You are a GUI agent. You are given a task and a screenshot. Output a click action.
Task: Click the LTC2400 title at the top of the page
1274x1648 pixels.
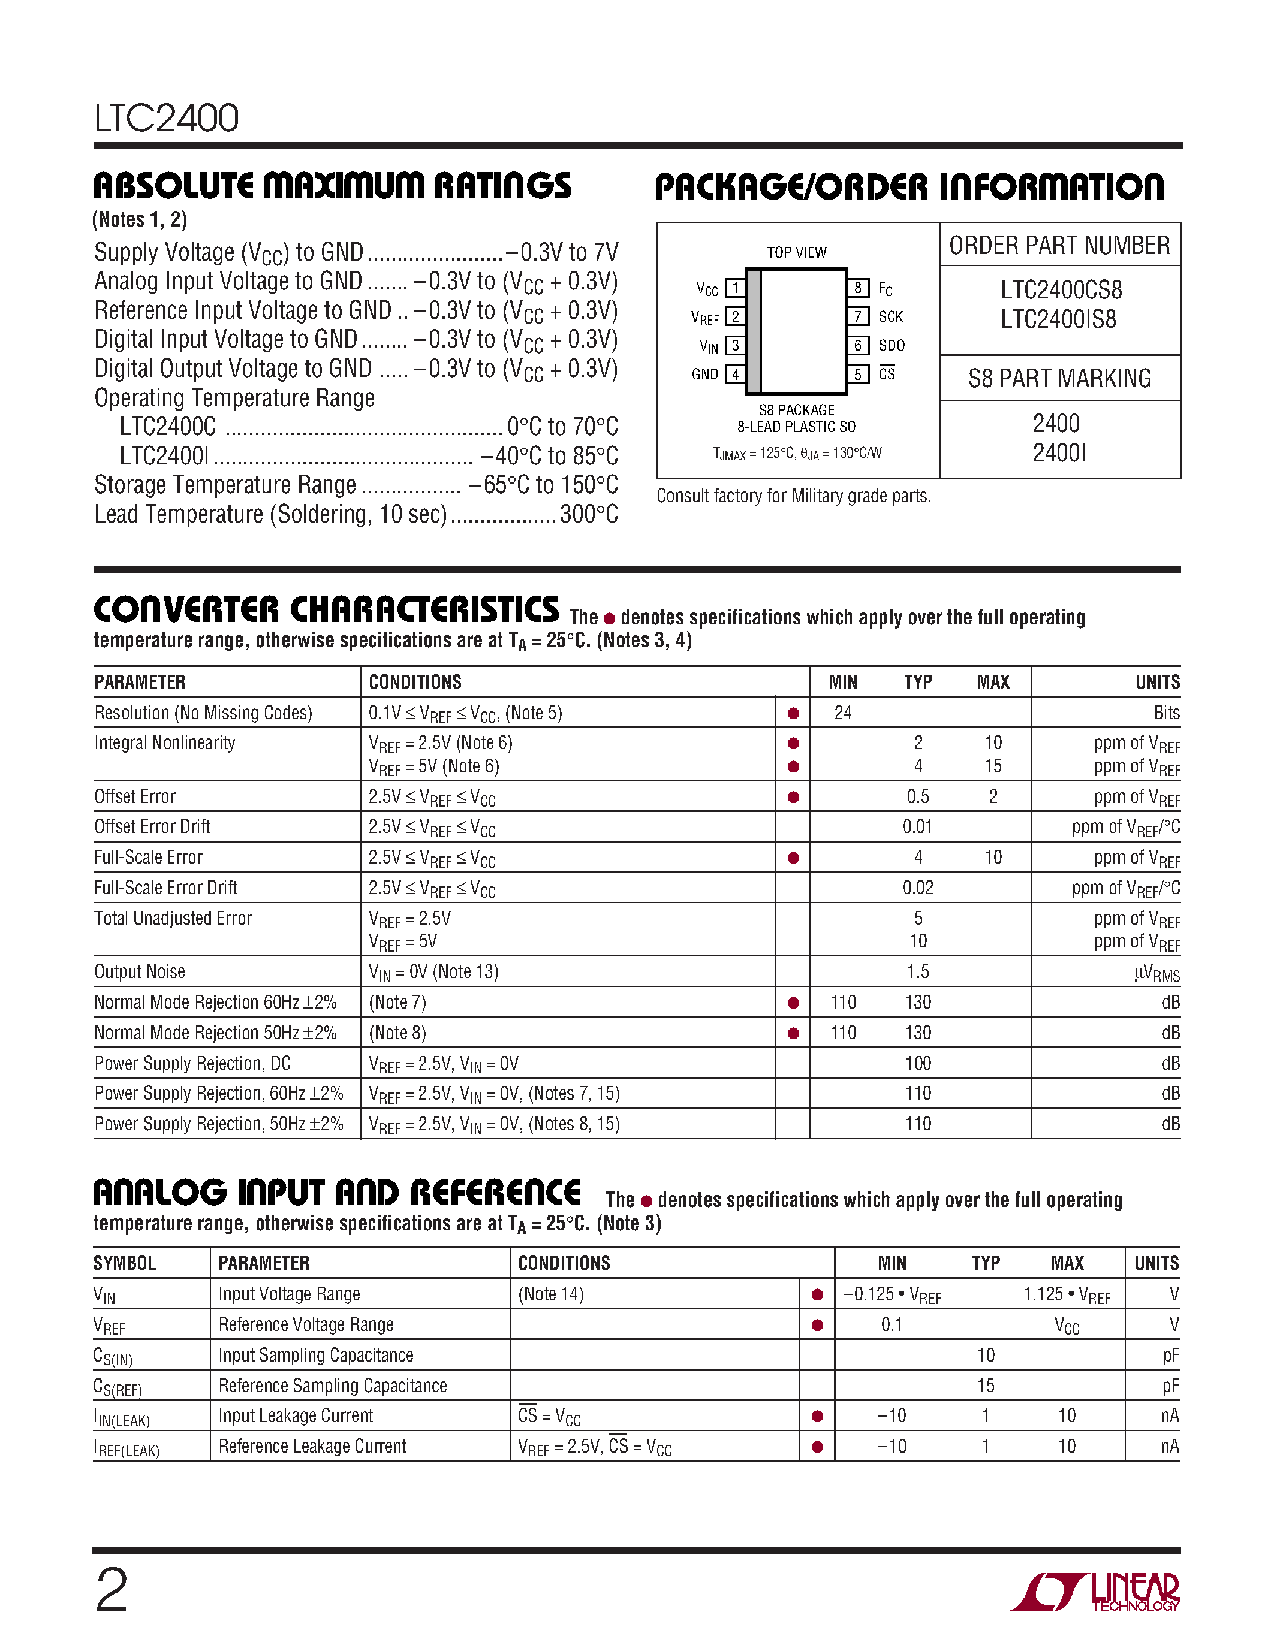[x=166, y=119]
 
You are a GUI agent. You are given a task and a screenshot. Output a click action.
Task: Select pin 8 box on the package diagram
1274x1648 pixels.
[x=857, y=288]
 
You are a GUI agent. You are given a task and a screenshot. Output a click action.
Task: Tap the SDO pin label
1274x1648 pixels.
[x=892, y=346]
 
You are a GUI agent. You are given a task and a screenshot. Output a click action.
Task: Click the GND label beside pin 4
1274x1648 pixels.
[x=705, y=375]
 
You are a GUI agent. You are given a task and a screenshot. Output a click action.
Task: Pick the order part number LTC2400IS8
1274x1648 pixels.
[x=1058, y=319]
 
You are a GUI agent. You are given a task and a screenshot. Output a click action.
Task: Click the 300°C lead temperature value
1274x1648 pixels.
[x=589, y=515]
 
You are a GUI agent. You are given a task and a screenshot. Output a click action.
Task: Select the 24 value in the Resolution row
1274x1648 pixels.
[x=843, y=713]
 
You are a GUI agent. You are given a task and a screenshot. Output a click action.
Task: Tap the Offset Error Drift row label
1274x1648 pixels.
[x=152, y=826]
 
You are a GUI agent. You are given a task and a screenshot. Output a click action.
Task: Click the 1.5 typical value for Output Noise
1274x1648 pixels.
[x=918, y=971]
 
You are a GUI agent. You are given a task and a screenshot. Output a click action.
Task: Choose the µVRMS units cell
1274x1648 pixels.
[x=1156, y=973]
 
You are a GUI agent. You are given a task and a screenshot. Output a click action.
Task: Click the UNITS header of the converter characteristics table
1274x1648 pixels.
[x=1157, y=682]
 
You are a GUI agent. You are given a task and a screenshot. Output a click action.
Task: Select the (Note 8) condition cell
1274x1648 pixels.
[x=397, y=1033]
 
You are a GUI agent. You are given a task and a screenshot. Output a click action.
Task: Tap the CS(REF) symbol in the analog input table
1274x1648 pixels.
[x=118, y=1387]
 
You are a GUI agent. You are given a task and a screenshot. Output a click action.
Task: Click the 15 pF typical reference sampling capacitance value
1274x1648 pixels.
[x=986, y=1386]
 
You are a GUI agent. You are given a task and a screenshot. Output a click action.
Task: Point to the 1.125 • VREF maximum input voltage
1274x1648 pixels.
[x=1067, y=1295]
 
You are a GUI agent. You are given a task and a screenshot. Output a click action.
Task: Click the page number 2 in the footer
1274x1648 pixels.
[x=112, y=1590]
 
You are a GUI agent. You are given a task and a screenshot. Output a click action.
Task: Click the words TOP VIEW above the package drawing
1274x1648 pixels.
[x=796, y=252]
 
